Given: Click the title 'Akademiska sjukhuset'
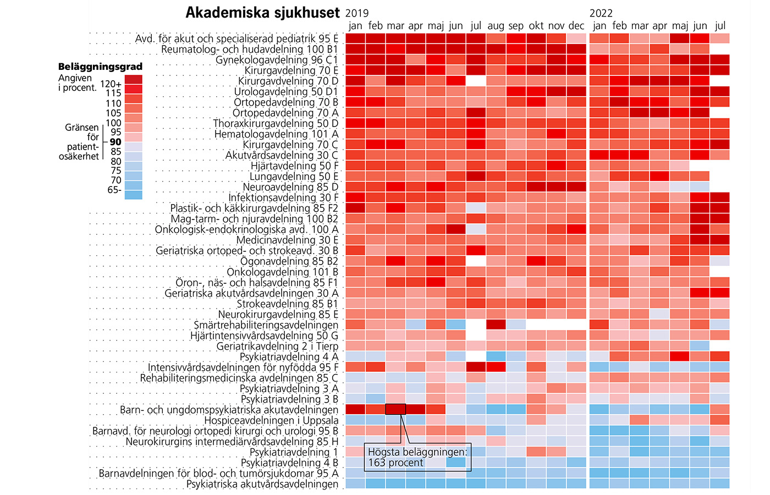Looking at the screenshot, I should [x=262, y=13].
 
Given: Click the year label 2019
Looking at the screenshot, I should [x=357, y=13].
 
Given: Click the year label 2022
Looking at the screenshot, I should [x=601, y=13].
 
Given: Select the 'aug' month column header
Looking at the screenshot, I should [x=496, y=26].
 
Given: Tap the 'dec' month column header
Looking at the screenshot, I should [x=576, y=26].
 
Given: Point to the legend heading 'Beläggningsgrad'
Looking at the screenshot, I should [x=100, y=67].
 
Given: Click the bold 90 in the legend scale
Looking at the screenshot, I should [x=116, y=142].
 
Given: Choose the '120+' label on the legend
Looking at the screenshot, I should [x=111, y=84].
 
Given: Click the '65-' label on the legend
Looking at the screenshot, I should [x=114, y=190].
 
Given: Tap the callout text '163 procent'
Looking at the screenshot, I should [x=395, y=463].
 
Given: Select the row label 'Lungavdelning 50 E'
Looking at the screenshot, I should [x=294, y=177].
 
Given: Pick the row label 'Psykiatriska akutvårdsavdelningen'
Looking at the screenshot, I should [x=262, y=484].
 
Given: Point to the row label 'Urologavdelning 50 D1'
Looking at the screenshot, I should [x=286, y=92].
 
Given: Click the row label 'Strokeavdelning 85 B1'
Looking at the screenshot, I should [x=288, y=304].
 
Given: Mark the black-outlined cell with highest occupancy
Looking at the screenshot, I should [x=395, y=409].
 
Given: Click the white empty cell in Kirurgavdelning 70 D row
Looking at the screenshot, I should [x=476, y=81].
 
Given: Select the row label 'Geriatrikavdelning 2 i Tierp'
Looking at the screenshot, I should [x=277, y=346].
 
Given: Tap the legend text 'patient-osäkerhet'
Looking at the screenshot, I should [x=79, y=151].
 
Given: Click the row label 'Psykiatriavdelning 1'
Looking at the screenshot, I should [x=294, y=452].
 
